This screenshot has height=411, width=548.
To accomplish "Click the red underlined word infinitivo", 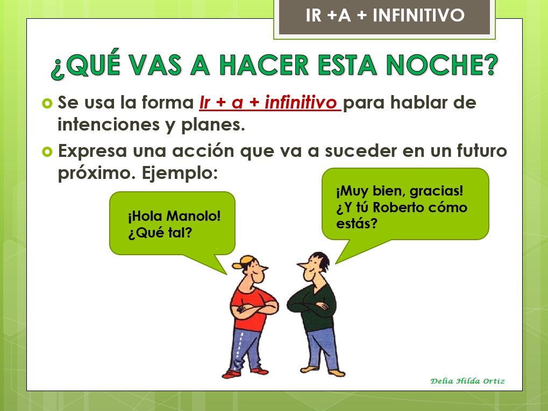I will pos(300,103).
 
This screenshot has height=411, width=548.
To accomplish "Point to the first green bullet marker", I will pos(47,102).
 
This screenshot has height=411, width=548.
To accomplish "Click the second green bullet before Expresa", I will pos(47,151).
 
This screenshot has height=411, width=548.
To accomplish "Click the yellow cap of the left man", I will pos(245,261).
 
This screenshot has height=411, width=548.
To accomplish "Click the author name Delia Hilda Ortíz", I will pos(467,381).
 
